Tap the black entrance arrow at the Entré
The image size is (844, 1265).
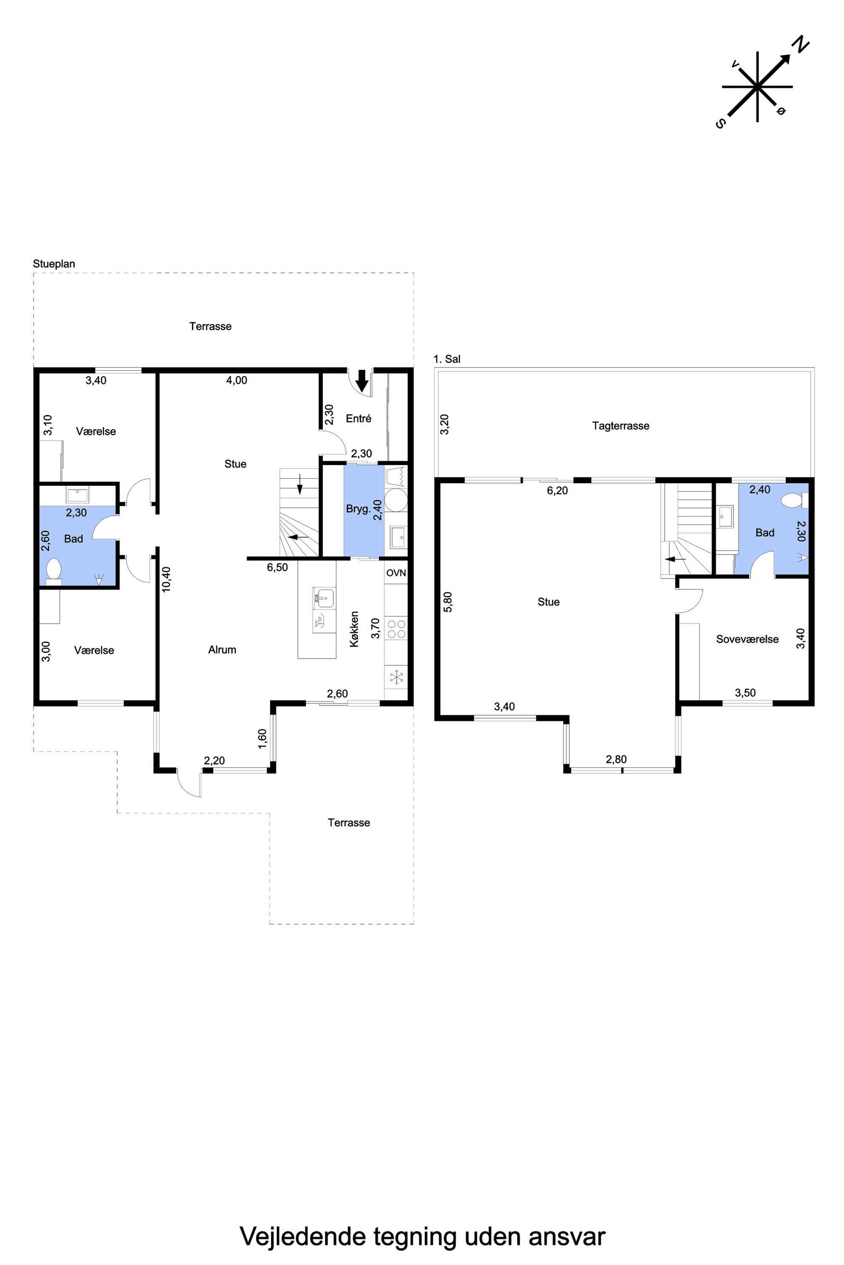pyautogui.click(x=362, y=381)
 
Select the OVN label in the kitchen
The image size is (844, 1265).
pyautogui.click(x=396, y=573)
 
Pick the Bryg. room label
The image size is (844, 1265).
pyautogui.click(x=358, y=509)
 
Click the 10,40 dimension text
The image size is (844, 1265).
pyautogui.click(x=166, y=579)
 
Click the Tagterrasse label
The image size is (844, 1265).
pyautogui.click(x=621, y=426)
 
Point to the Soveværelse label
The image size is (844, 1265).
pyautogui.click(x=747, y=639)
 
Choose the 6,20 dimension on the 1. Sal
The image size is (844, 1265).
pyautogui.click(x=557, y=491)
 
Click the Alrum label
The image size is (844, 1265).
pyautogui.click(x=222, y=650)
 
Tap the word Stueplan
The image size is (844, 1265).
pyautogui.click(x=54, y=264)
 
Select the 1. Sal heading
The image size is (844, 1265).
pyautogui.click(x=447, y=359)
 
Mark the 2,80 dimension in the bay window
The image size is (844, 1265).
pyautogui.click(x=616, y=760)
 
